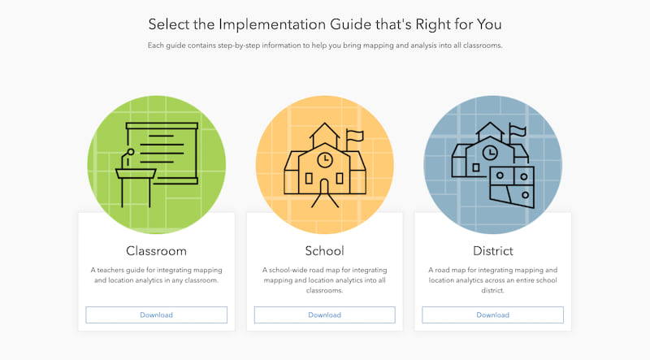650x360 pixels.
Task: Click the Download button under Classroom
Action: coord(156,314)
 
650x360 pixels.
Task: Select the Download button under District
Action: coord(492,314)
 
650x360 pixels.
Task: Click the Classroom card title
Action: coord(156,250)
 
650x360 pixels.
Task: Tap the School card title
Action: coord(324,250)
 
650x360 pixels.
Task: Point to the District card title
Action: coord(492,250)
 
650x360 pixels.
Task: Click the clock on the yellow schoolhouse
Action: coord(324,158)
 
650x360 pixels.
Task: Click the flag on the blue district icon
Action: coord(518,130)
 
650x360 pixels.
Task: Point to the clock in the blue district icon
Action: coord(489,152)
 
